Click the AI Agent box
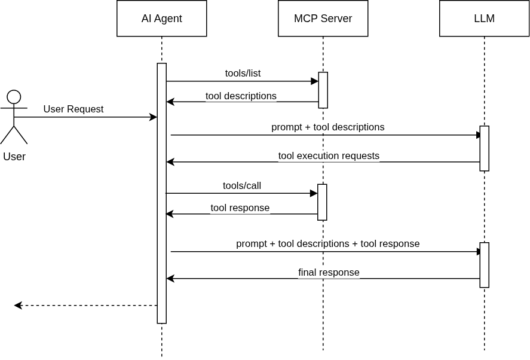pos(161,19)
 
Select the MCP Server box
pos(323,19)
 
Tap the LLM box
pos(484,19)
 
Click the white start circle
pos(14,97)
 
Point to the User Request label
pos(73,109)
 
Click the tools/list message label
pos(243,74)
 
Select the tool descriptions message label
pos(241,96)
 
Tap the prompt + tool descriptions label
pos(328,127)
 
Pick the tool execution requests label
pos(329,156)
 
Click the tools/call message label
pos(242,185)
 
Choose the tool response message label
pos(240,208)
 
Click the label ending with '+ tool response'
pos(328,244)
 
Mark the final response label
pos(329,273)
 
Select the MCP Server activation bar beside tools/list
pos(323,90)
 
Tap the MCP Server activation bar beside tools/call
pos(322,202)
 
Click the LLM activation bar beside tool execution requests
pos(484,148)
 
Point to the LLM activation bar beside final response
pos(484,265)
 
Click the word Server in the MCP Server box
pos(337,19)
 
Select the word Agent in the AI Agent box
pos(168,19)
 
